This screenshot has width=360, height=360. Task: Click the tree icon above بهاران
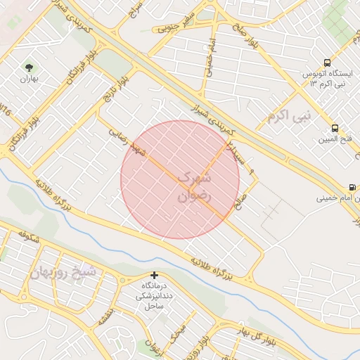coord(30,68)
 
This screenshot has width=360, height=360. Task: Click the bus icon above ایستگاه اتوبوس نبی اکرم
coord(326,63)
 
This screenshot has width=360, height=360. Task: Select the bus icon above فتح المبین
coord(334,129)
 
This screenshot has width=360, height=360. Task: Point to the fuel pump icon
coord(351,187)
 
